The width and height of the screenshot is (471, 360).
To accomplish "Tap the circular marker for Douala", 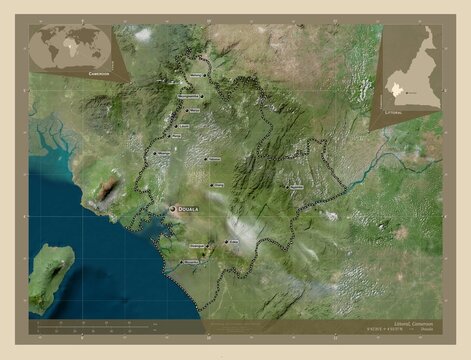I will [x=173, y=208].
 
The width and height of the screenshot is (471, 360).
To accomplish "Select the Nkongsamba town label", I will [x=190, y=97].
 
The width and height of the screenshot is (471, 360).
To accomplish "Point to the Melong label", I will [x=195, y=74].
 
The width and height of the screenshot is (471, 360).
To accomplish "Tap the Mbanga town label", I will [x=164, y=154].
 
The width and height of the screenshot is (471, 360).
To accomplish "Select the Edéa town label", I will [x=234, y=242].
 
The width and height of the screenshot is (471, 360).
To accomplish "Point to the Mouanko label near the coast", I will [x=190, y=263].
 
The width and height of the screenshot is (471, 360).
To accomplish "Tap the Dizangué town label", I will [x=197, y=245].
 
